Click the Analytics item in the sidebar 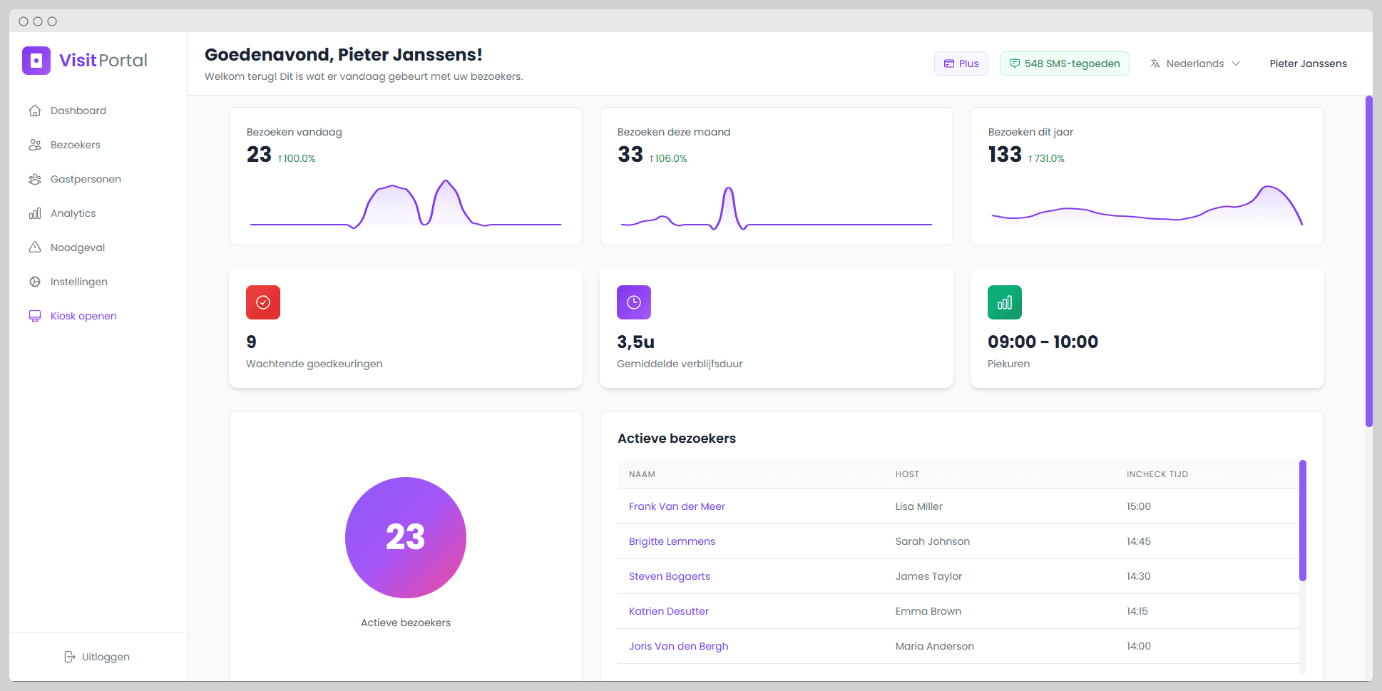[x=73, y=213]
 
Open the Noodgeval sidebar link [x=77, y=247]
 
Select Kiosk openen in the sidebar [x=83, y=316]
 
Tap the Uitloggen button [x=97, y=657]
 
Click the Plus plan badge [x=961, y=63]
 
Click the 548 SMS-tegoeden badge [x=1064, y=63]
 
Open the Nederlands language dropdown [x=1195, y=63]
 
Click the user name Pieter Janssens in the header [x=1308, y=63]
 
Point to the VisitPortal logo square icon [x=36, y=61]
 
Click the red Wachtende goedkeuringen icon [x=263, y=302]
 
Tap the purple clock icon [x=634, y=302]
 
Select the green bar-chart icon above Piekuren [x=1005, y=302]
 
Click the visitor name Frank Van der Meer [x=677, y=506]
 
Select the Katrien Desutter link [x=668, y=611]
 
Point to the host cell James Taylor [x=928, y=576]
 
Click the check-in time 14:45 [x=1138, y=541]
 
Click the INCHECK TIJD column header [x=1157, y=474]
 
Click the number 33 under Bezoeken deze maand [x=630, y=154]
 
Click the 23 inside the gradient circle [x=406, y=537]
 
